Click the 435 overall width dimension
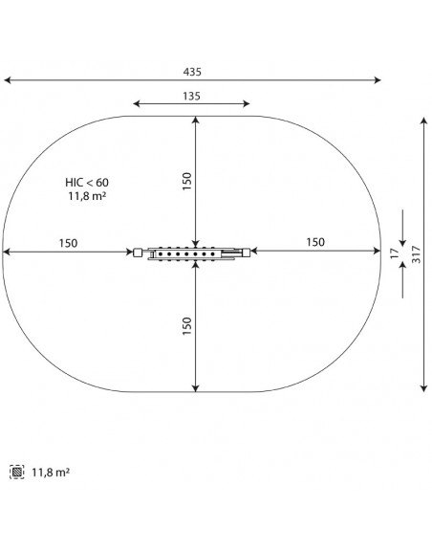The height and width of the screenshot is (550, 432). click(x=192, y=72)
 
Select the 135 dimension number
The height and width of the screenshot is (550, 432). click(x=191, y=96)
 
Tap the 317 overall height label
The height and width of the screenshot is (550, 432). click(x=417, y=254)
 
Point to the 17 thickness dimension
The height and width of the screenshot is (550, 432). click(x=395, y=253)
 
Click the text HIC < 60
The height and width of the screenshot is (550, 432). click(x=87, y=183)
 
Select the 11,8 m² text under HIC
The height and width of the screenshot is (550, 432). click(x=87, y=196)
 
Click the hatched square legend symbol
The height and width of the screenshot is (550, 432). click(x=17, y=472)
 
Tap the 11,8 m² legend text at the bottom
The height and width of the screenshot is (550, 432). click(x=51, y=473)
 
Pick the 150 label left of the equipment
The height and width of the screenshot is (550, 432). click(x=68, y=243)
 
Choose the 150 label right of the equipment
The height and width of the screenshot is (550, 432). click(x=315, y=242)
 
